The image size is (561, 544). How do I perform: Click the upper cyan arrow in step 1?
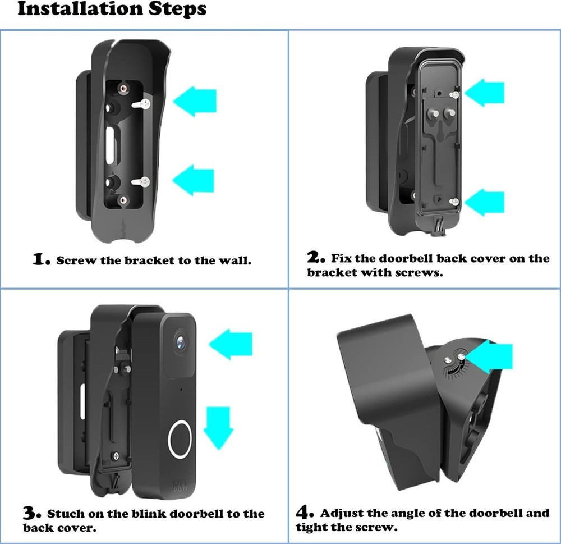point(195,101)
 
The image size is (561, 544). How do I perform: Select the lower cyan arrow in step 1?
point(194,180)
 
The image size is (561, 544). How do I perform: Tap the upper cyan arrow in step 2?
point(484,93)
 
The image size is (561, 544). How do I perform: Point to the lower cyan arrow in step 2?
point(484,202)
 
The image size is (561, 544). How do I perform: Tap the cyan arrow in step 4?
point(493,356)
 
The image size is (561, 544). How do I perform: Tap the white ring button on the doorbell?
point(180,437)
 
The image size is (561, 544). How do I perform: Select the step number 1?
point(41,259)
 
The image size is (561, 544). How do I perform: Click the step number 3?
point(32,513)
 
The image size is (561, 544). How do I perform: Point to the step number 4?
point(305,513)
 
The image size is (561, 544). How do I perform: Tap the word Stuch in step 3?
point(66,514)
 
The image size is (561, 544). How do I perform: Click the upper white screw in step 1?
point(144,103)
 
